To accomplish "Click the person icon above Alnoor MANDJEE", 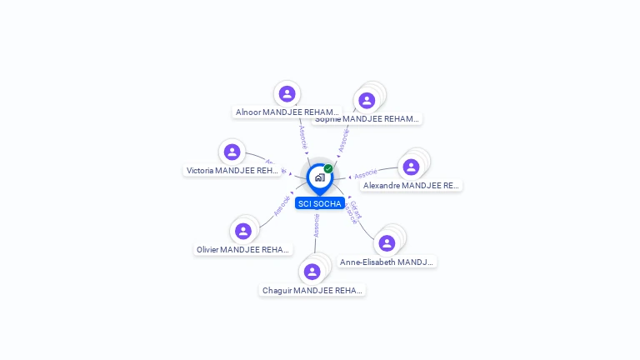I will tap(287, 94).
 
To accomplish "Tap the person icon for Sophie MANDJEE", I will tap(367, 101).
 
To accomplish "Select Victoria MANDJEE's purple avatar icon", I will tap(232, 152).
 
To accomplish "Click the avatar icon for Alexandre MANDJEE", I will tap(411, 167).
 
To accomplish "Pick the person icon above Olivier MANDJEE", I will tap(243, 231).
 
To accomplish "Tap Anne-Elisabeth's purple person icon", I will tap(387, 243).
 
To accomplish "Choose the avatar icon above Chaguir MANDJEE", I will tap(312, 272).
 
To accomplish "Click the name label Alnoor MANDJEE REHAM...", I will tap(287, 112).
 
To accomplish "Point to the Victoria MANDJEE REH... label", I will tap(232, 170).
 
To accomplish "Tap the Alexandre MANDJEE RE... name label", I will tap(412, 185).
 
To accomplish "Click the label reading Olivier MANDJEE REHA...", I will tap(243, 249).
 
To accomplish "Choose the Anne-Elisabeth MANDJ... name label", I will tap(387, 262).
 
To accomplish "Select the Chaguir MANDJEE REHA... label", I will tap(312, 290).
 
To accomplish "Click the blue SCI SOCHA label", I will tap(319, 203).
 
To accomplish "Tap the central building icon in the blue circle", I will tap(319, 177).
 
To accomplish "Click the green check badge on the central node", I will tap(328, 168).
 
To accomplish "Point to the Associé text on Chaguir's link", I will tap(317, 226).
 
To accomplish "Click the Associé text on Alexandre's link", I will tap(366, 174).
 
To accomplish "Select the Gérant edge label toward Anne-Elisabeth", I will tap(356, 209).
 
